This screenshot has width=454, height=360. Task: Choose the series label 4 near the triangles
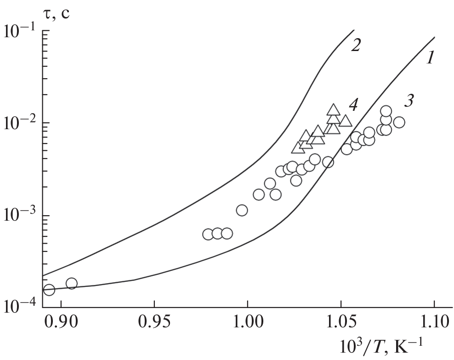(x=353, y=105)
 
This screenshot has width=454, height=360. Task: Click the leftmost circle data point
(x=49, y=290)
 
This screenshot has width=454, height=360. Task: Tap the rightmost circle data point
(x=399, y=122)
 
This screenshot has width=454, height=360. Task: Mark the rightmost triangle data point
(x=346, y=121)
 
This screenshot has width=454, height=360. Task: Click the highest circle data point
(x=386, y=111)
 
